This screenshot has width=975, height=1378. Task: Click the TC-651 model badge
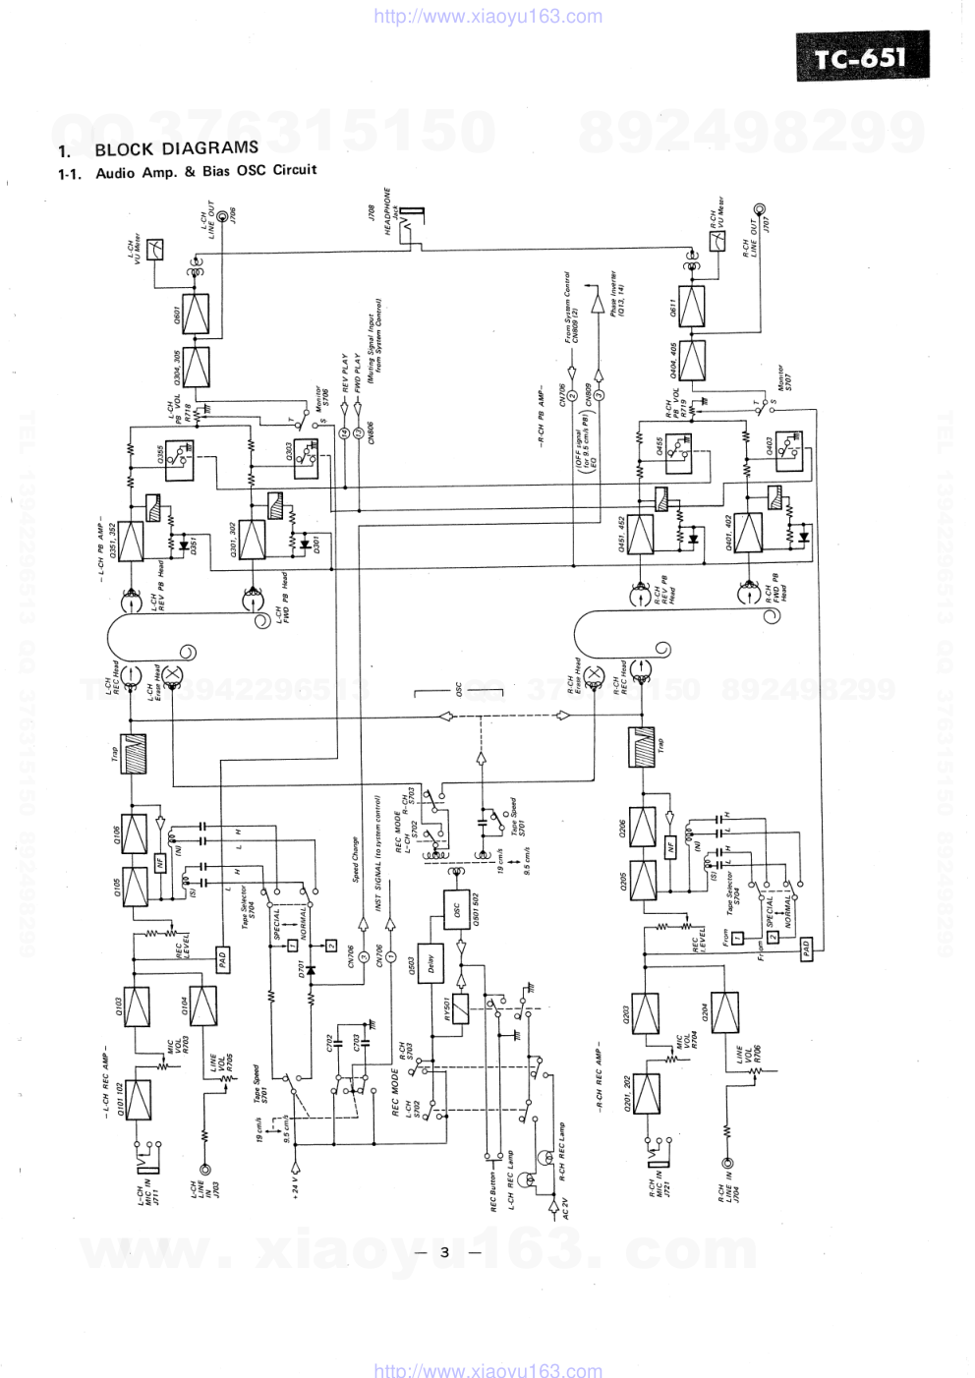pyautogui.click(x=862, y=59)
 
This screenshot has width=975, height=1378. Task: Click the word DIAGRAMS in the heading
pyautogui.click(x=209, y=148)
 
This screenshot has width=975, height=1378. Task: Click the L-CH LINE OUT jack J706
pyautogui.click(x=219, y=217)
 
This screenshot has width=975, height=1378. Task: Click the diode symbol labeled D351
pyautogui.click(x=180, y=544)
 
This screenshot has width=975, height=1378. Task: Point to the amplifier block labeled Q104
pyautogui.click(x=203, y=1005)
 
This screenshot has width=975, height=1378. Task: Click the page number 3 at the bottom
pyautogui.click(x=444, y=1252)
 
